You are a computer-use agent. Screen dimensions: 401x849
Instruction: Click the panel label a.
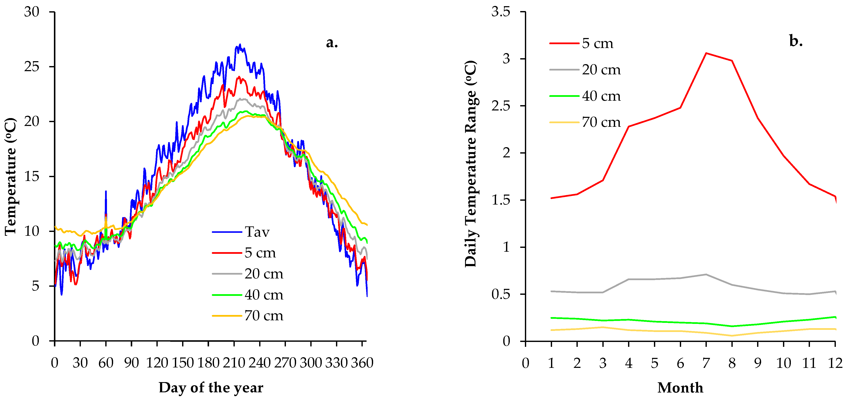(x=332, y=42)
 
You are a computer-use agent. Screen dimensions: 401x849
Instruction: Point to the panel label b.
(x=796, y=41)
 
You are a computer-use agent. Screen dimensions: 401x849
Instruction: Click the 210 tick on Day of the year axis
(x=234, y=363)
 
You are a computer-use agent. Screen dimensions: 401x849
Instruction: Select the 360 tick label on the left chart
(x=362, y=363)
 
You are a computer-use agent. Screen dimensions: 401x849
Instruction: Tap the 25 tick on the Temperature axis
(x=32, y=67)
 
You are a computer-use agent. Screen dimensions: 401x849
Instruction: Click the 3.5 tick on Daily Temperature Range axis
(x=500, y=12)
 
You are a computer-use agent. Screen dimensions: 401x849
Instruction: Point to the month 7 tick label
(x=706, y=363)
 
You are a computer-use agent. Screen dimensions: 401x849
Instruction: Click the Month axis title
(x=680, y=387)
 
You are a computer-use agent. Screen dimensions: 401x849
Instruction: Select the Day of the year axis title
(x=211, y=387)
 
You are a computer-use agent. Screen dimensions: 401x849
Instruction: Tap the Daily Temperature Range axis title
(x=470, y=164)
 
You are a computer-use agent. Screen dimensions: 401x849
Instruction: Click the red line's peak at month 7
(x=706, y=53)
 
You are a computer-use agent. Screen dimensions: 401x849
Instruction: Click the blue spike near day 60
(x=106, y=191)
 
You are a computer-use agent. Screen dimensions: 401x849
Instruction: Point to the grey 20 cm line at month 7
(x=706, y=274)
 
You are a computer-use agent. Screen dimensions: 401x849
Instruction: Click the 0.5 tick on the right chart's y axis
(x=500, y=294)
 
